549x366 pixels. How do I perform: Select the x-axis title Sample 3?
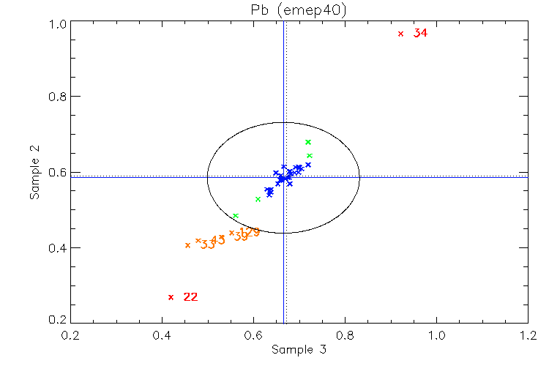pos(299,350)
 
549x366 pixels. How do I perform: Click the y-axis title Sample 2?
pos(34,173)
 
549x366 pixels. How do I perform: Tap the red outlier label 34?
pos(420,33)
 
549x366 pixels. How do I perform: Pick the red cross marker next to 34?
pos(400,34)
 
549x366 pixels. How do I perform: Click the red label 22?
pos(190,296)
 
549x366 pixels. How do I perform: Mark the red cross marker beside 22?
pos(171,297)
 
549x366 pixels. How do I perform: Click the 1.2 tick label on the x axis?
pos(528,336)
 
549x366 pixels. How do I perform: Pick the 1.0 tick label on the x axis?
pos(436,336)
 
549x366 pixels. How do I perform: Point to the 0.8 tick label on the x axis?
pos(345,336)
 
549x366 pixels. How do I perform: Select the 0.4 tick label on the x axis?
pos(163,336)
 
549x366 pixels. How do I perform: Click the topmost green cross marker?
pos(308,142)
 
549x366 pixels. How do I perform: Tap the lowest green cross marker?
pos(235,216)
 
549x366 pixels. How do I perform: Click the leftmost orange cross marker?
pos(188,245)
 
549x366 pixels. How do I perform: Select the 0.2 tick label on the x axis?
pos(71,336)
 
